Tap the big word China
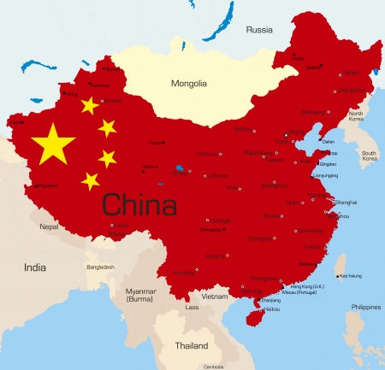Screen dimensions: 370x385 click(139, 205)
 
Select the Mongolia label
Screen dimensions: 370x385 click(188, 84)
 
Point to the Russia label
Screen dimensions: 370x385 click(259, 29)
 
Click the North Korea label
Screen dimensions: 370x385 click(355, 117)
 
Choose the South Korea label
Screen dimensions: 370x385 click(369, 156)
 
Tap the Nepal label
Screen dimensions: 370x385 click(50, 226)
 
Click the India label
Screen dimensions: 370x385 click(35, 267)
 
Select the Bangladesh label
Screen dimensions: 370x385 click(99, 267)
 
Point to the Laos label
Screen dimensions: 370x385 click(192, 307)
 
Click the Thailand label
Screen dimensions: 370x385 click(192, 346)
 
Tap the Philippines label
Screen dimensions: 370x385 click(365, 306)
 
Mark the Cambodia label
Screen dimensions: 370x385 click(214, 367)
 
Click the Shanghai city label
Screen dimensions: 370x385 click(346, 202)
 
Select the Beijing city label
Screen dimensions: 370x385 click(296, 132)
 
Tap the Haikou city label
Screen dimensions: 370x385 click(271, 308)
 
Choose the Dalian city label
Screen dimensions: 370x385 click(329, 142)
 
